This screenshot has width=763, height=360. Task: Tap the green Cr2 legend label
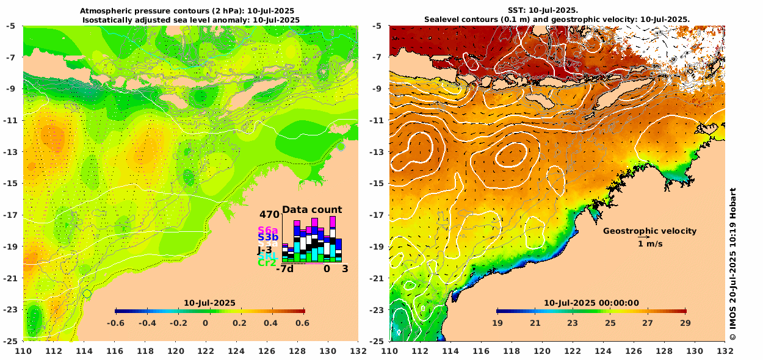click(267, 263)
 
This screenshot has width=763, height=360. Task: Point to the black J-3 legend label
click(265, 249)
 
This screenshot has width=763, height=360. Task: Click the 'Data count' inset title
click(312, 210)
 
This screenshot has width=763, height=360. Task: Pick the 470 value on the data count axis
click(269, 215)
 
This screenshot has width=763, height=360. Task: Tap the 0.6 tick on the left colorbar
click(302, 323)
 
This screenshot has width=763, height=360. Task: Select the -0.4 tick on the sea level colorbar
click(144, 323)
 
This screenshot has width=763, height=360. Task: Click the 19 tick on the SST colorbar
click(497, 323)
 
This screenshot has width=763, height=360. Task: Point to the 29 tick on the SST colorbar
click(685, 323)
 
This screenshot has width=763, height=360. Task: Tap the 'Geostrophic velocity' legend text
click(649, 231)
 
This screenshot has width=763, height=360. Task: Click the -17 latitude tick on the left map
click(12, 215)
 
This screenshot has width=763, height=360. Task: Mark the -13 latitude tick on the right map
click(378, 152)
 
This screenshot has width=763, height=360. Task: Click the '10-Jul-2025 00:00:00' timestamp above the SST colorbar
click(591, 303)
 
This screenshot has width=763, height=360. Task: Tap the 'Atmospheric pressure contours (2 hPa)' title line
click(190, 11)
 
